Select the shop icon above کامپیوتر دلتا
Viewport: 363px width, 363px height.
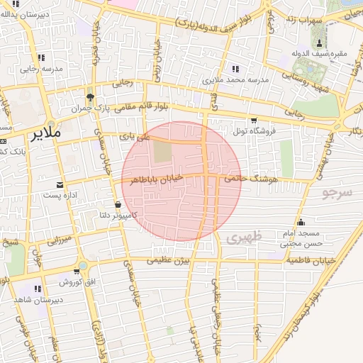click(x=116, y=204)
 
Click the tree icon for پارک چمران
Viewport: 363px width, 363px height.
click(x=89, y=97)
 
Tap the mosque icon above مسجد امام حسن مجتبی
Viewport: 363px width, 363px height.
click(x=301, y=222)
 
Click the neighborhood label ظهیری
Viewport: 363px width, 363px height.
click(x=245, y=238)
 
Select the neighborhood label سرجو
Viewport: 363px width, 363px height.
click(x=336, y=192)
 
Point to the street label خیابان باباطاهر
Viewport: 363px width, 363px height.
click(x=156, y=179)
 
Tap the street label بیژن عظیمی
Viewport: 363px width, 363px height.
click(x=169, y=260)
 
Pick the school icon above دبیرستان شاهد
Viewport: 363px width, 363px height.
click(x=38, y=289)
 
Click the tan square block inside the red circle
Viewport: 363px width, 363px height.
click(x=163, y=150)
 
